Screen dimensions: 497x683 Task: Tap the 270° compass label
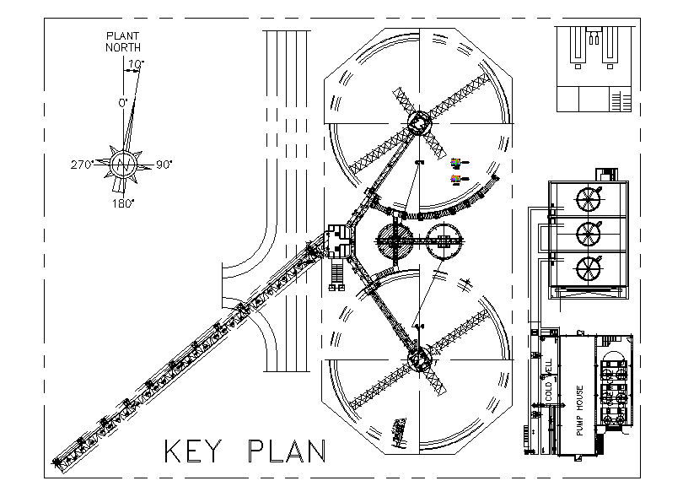click(x=82, y=165)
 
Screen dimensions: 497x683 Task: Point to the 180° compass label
click(x=123, y=203)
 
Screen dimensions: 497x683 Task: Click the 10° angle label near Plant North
click(x=137, y=63)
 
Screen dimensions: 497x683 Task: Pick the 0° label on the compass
click(x=122, y=102)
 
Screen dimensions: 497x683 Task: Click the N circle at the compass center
click(x=123, y=164)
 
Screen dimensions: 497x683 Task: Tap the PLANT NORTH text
click(x=123, y=41)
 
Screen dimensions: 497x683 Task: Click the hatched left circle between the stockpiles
click(x=395, y=242)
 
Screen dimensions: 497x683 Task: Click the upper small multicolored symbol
click(x=456, y=162)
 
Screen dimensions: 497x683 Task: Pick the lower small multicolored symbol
click(x=456, y=179)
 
